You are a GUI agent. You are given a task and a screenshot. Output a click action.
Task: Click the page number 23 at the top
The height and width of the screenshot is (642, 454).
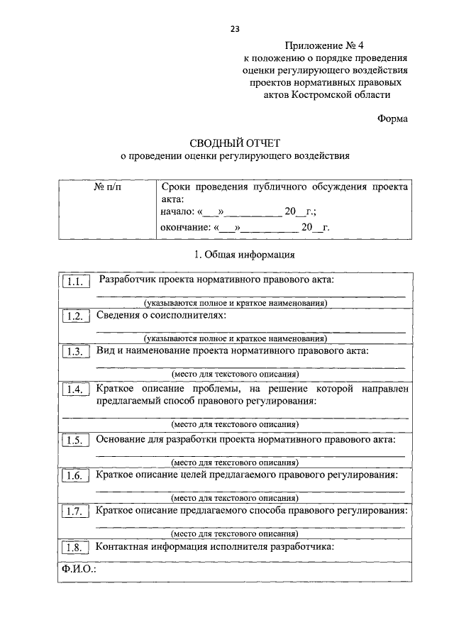coord(235,28)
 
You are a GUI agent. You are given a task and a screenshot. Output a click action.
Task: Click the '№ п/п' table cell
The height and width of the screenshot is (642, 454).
coord(108,187)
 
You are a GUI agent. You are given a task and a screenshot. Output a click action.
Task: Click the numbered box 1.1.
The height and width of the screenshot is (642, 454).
coord(75,282)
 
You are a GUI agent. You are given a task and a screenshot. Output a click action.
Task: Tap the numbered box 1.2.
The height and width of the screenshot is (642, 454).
coord(75,316)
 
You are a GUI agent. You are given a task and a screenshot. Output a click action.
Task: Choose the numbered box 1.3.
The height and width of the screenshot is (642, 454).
coord(75,352)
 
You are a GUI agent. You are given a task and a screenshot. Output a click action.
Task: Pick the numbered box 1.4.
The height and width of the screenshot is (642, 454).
coord(75,389)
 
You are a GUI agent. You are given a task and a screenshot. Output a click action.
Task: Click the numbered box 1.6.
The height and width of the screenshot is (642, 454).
coord(75,475)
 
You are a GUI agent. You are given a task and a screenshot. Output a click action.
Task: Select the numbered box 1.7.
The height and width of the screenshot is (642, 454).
coord(75,511)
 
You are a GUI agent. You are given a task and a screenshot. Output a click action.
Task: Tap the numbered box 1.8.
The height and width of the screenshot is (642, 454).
coord(75,547)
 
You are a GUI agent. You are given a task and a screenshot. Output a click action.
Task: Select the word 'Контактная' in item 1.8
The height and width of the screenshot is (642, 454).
coord(121,546)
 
